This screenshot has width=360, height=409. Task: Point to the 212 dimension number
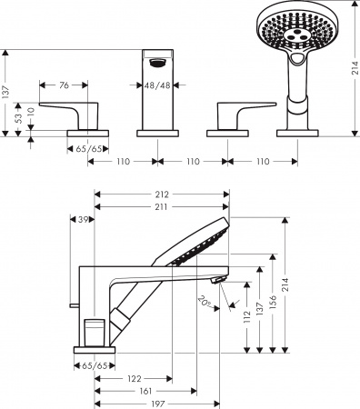(x=163, y=193)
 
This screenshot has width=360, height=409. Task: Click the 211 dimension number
(x=163, y=207)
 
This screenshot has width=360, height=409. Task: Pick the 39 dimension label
(x=85, y=221)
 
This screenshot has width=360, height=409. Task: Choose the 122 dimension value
(x=132, y=378)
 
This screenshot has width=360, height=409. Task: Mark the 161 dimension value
(x=145, y=391)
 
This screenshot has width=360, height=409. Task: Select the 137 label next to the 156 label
(x=260, y=310)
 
